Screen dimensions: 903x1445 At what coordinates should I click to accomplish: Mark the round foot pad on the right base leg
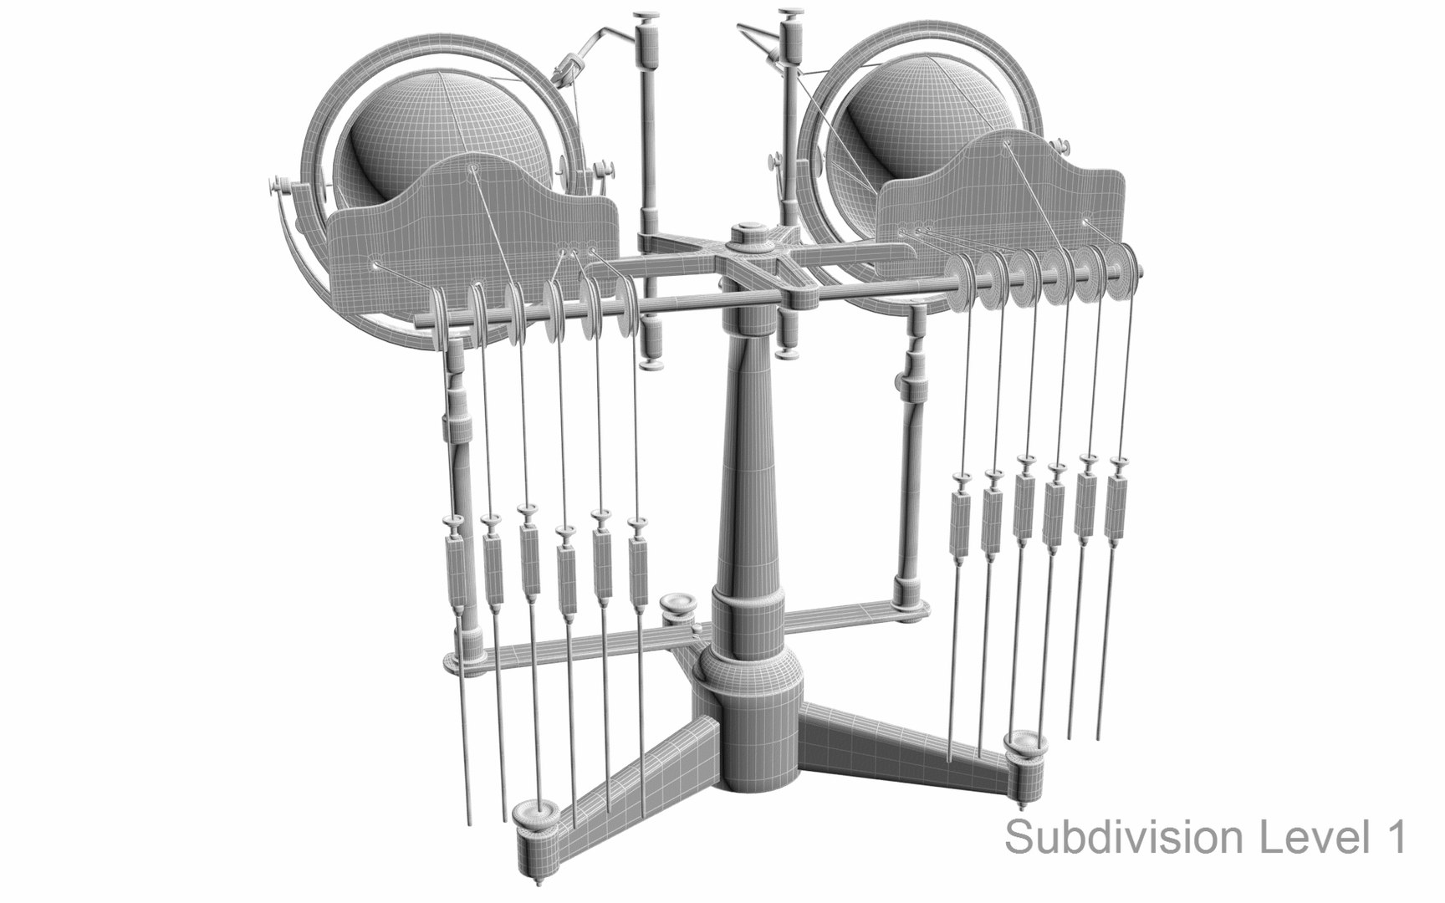point(1027,744)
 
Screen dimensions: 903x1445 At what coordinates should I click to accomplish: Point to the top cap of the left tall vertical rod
point(645,18)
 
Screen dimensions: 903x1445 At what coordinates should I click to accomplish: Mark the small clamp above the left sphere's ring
point(569,67)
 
